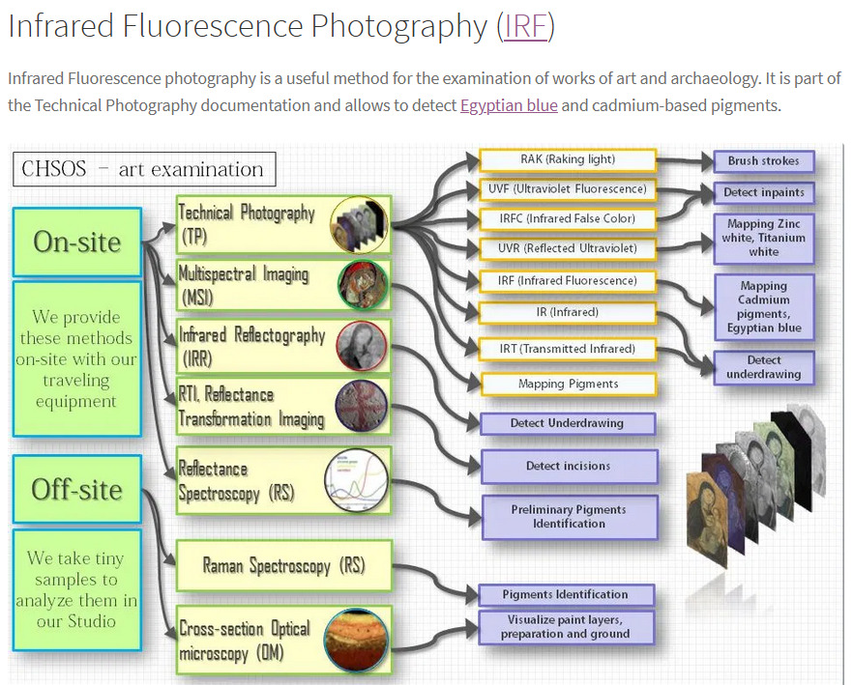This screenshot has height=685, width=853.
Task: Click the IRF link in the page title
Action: pos(525,26)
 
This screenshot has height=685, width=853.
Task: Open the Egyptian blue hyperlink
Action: pos(509,105)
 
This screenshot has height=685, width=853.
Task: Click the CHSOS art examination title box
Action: pos(143,169)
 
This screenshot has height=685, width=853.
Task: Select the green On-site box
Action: pos(77,242)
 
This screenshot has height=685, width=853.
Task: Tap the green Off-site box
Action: pos(77,489)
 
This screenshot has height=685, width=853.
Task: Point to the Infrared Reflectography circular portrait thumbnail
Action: pos(361,346)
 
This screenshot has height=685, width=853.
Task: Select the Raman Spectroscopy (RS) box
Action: pos(283,565)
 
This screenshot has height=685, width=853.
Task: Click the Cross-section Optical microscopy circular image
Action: pos(357,640)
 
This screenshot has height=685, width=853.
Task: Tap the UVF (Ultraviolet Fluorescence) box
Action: pos(568,189)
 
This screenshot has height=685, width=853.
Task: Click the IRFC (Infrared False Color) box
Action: pos(568,219)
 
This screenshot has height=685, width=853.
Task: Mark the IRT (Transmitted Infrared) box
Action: pos(568,349)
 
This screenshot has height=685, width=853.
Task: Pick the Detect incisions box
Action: pos(569,466)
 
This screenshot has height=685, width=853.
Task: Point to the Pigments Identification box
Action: pos(566,594)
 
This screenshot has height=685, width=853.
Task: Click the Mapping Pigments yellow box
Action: pos(568,384)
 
